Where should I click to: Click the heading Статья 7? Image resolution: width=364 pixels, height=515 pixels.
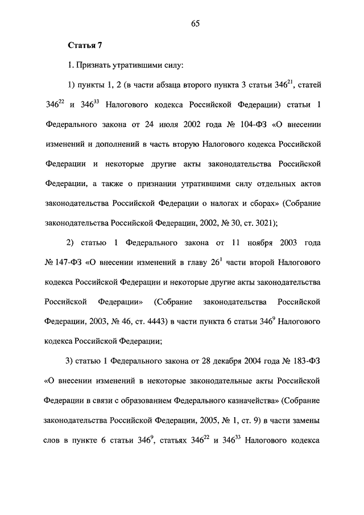point(84,45)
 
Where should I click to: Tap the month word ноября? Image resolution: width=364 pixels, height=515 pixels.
point(246,244)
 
